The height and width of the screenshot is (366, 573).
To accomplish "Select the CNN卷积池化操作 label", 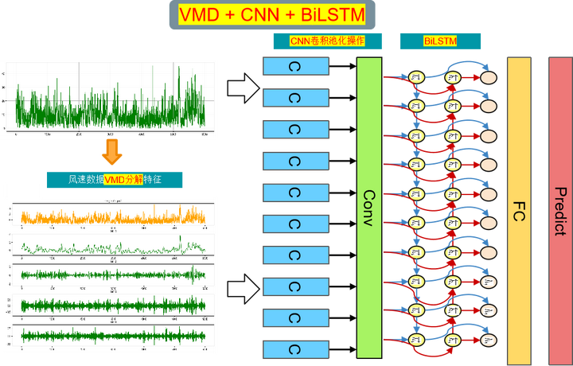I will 326,41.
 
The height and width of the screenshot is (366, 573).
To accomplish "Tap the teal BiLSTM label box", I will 440,41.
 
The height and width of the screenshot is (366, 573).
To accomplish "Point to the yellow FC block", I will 518,207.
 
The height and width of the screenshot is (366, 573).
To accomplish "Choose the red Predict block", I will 559,207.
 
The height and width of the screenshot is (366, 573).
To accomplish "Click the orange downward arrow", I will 112,152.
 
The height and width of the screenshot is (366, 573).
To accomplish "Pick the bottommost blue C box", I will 296,349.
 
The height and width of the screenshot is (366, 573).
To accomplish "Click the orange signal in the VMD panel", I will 111,217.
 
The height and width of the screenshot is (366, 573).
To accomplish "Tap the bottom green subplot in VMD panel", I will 111,335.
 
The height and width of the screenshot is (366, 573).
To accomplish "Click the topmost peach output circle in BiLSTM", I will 488,78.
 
